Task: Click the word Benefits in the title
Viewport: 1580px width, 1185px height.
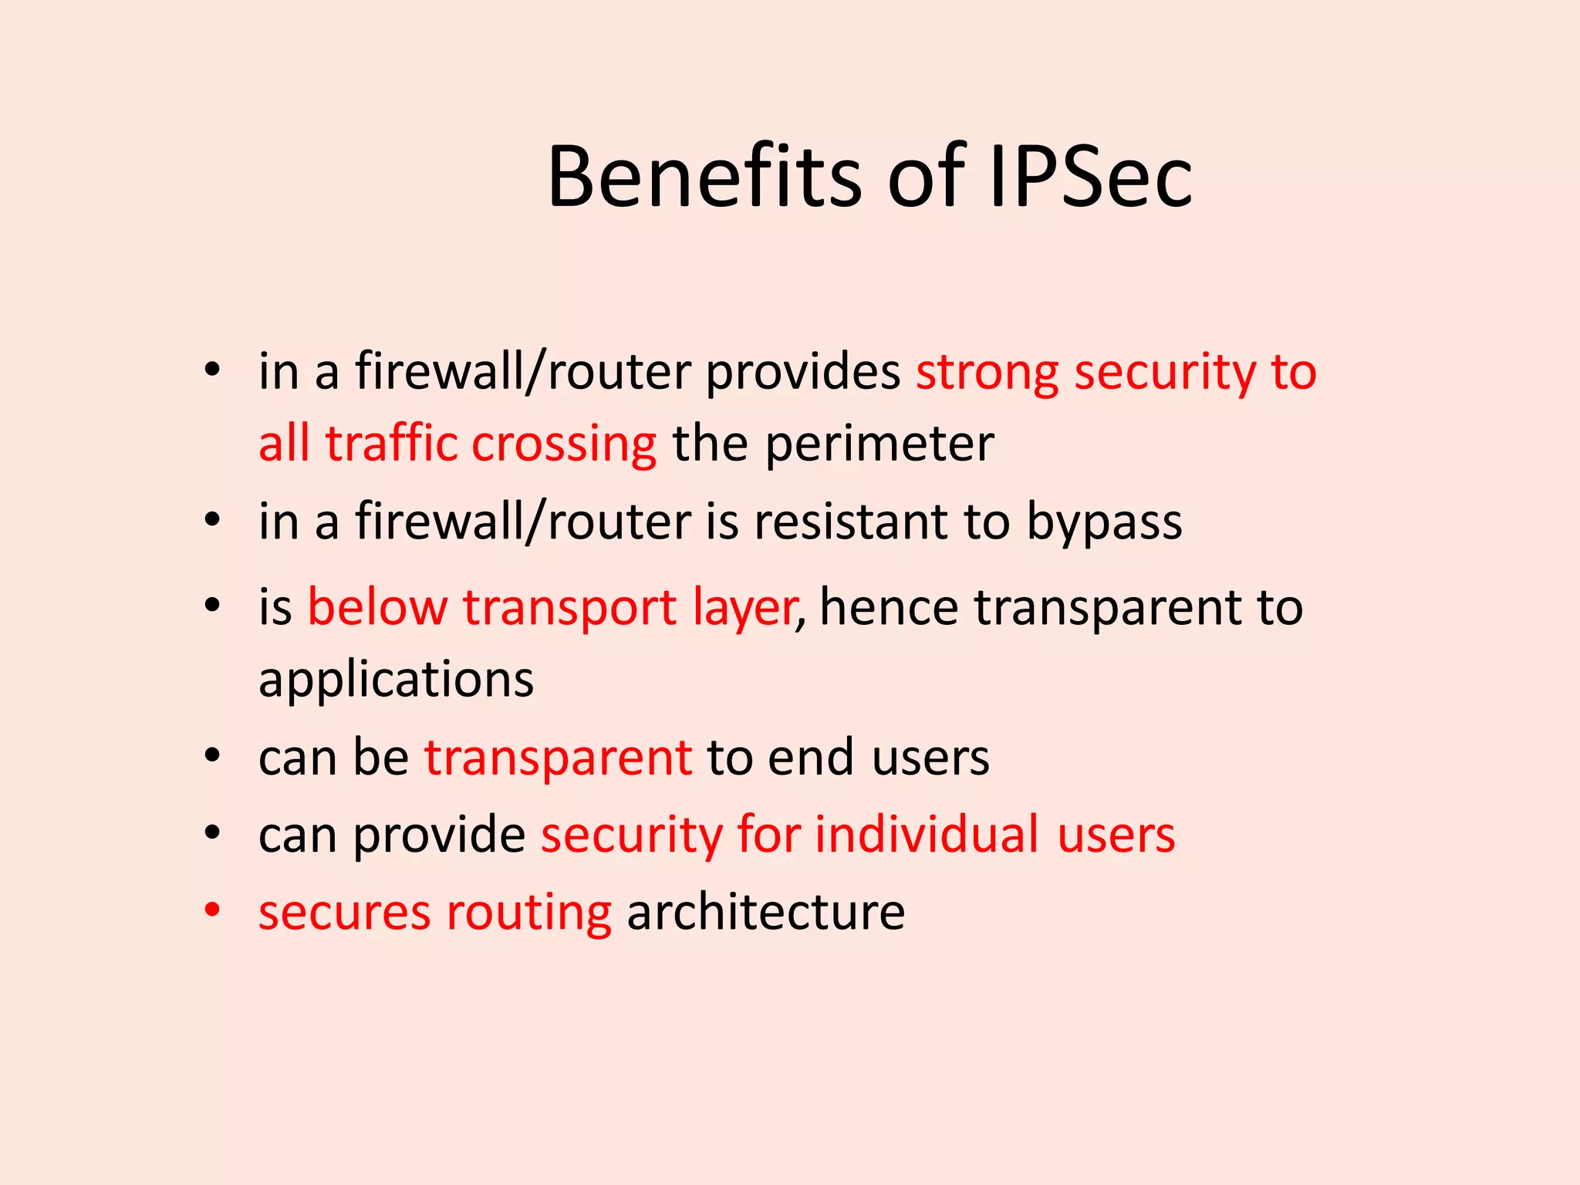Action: (x=704, y=177)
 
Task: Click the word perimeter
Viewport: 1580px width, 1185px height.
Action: (x=879, y=445)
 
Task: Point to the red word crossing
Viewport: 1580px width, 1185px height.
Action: (x=564, y=445)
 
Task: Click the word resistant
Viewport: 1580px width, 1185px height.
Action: (x=851, y=522)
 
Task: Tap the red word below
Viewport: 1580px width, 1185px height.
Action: (x=377, y=607)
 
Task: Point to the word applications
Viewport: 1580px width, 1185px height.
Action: (x=396, y=680)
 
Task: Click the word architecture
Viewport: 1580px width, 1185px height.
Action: (x=766, y=912)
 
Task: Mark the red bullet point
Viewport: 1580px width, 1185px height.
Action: (x=212, y=910)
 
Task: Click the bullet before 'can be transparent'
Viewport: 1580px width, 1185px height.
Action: (x=212, y=756)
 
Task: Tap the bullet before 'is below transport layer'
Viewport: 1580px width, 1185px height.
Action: (x=212, y=606)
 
